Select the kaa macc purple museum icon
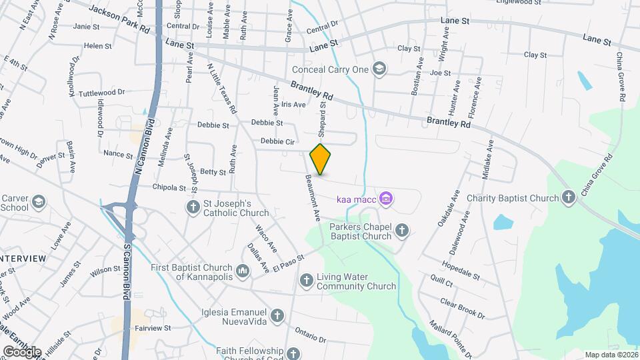pyautogui.click(x=386, y=198)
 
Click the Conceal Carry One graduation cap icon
pyautogui.click(x=379, y=68)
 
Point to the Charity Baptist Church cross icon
pyautogui.click(x=568, y=198)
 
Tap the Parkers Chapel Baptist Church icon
pyautogui.click(x=401, y=231)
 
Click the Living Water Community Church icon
pyautogui.click(x=306, y=281)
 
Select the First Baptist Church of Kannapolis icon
pyautogui.click(x=243, y=271)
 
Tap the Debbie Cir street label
pyautogui.click(x=277, y=141)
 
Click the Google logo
pyautogui.click(x=21, y=351)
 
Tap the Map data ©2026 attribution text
pyautogui.click(x=610, y=355)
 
